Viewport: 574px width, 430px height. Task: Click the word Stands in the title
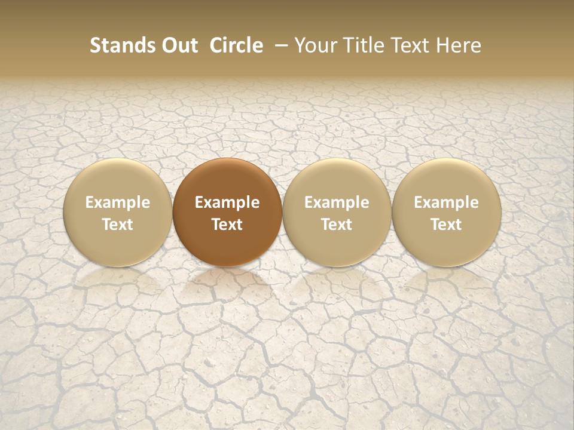tap(118, 45)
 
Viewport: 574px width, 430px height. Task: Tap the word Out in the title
tap(178, 45)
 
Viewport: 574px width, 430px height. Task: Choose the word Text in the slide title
tap(409, 45)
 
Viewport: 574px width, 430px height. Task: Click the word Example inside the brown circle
tap(227, 202)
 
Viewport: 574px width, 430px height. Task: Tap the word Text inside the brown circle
tap(227, 225)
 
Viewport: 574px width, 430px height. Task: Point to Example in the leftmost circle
tap(117, 202)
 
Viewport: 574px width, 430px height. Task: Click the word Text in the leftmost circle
tap(117, 225)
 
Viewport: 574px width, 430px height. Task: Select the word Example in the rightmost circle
tap(446, 202)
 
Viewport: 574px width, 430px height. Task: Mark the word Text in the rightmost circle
tap(446, 225)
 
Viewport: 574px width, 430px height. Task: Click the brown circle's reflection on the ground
tap(227, 284)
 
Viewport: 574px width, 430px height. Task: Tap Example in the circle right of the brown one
tap(337, 202)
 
